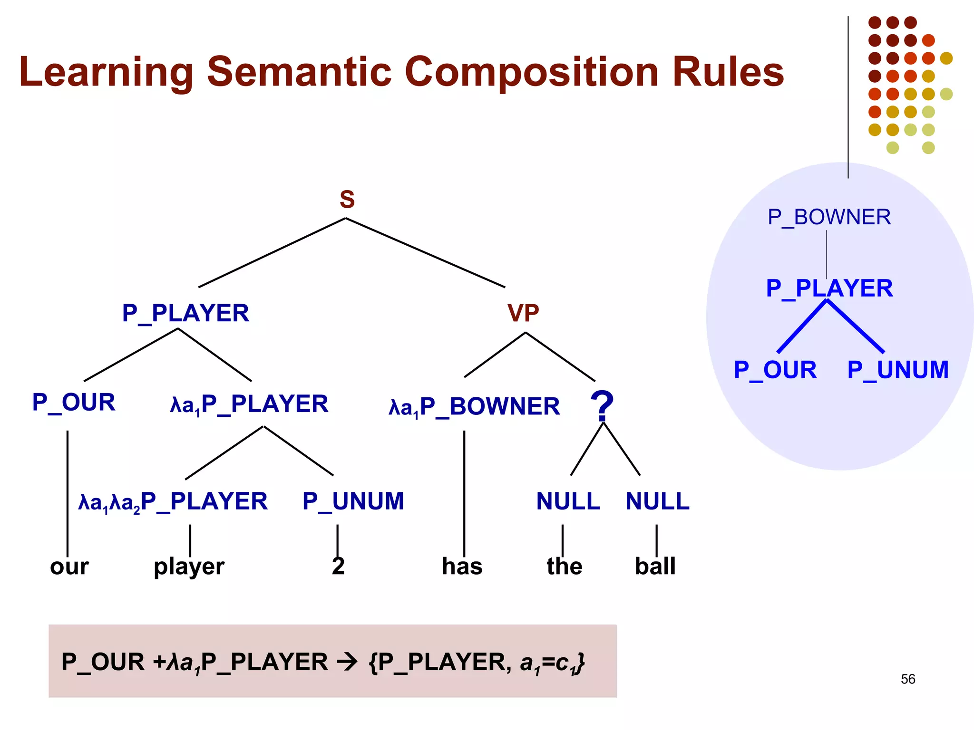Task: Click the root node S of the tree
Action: tap(347, 200)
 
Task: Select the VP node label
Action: tap(523, 313)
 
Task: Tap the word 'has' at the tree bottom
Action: tap(462, 567)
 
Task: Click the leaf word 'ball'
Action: tap(655, 566)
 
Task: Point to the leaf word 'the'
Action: tap(564, 567)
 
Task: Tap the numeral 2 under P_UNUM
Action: tap(338, 566)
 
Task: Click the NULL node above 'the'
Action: tap(568, 501)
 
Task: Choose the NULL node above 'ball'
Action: tap(657, 501)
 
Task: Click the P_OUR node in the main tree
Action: tap(74, 403)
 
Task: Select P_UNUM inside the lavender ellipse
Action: tap(897, 370)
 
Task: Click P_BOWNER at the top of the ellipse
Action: tap(829, 217)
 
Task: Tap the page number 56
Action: tap(907, 679)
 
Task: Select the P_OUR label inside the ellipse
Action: tap(775, 370)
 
